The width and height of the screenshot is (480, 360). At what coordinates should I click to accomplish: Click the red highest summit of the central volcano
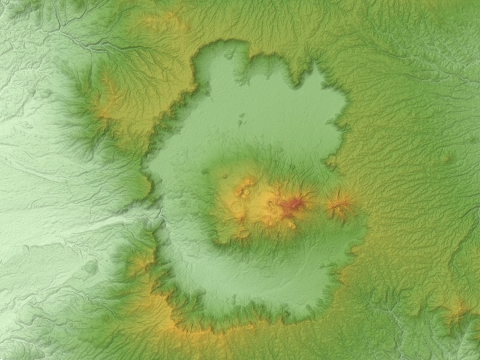[292, 206]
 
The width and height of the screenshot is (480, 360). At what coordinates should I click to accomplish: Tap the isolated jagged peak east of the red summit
[339, 206]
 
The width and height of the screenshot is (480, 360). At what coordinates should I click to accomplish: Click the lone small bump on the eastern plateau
[445, 159]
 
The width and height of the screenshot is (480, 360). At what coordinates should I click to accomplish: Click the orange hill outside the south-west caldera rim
[142, 261]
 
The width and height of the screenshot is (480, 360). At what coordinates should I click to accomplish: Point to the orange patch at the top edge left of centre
[162, 22]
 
